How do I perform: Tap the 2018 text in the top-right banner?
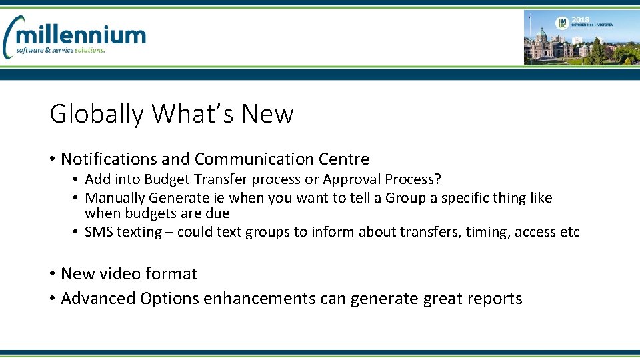tap(581, 21)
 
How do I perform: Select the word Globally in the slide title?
tap(97, 114)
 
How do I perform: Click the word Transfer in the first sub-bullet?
tap(202, 179)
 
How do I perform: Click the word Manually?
tap(115, 198)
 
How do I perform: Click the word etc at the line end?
tap(570, 233)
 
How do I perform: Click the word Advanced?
tap(97, 299)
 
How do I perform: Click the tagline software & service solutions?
tap(61, 51)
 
